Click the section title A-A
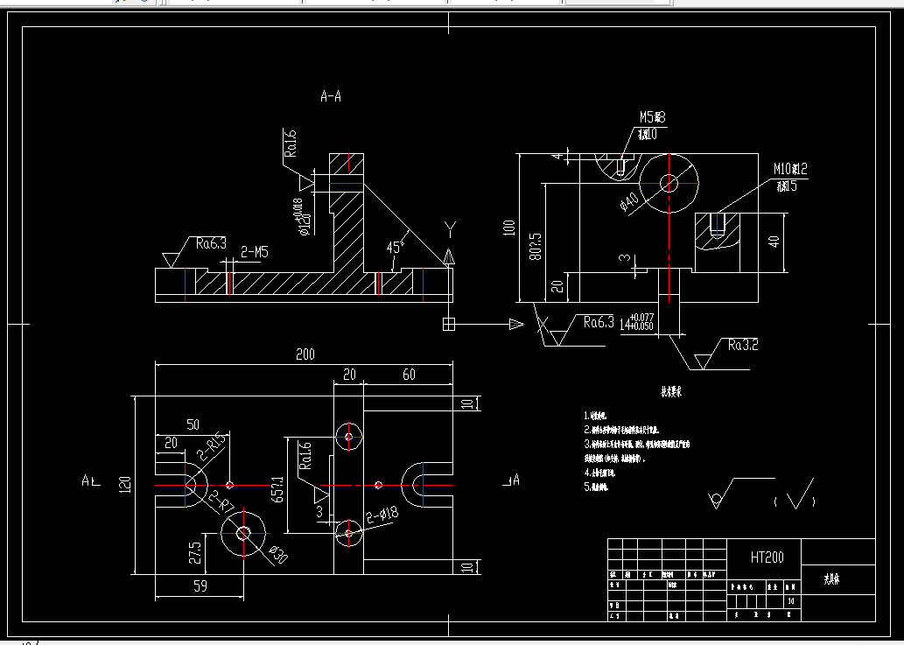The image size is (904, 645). pos(331,97)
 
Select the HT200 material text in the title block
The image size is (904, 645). pos(767,557)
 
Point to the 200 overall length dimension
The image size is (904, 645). pos(305,354)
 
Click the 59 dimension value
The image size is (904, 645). pos(200,587)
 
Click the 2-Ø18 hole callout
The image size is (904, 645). pos(382,514)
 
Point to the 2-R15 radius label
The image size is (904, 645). pos(213,445)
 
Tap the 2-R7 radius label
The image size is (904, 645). pos(220,501)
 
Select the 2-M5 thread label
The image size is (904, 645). pos(254,252)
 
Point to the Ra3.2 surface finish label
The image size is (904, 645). pos(742,345)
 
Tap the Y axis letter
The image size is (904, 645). pos(450,230)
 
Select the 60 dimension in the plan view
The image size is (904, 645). pos(409,375)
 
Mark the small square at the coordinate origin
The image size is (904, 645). pos(449,325)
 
